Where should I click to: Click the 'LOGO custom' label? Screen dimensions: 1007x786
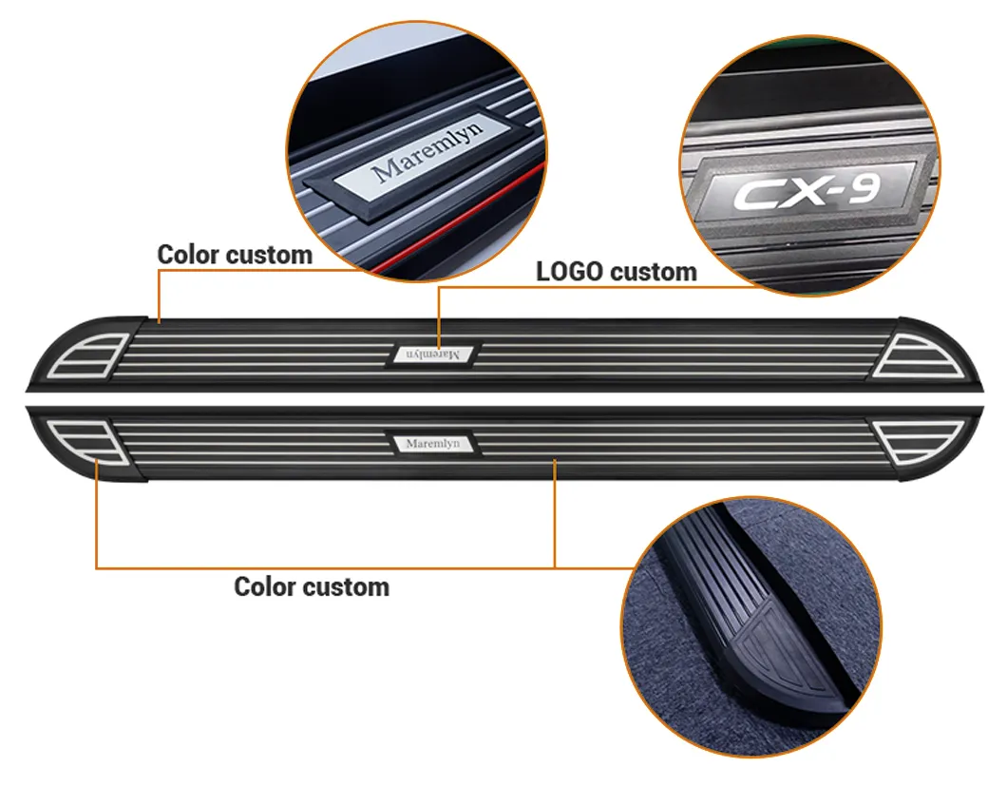pyautogui.click(x=616, y=272)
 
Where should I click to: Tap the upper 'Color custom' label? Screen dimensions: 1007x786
pyautogui.click(x=235, y=255)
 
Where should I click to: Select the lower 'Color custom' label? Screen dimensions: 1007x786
pyautogui.click(x=312, y=586)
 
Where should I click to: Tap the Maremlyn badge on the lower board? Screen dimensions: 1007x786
pyautogui.click(x=433, y=444)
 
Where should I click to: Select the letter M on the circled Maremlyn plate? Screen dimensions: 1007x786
pyautogui.click(x=389, y=171)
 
